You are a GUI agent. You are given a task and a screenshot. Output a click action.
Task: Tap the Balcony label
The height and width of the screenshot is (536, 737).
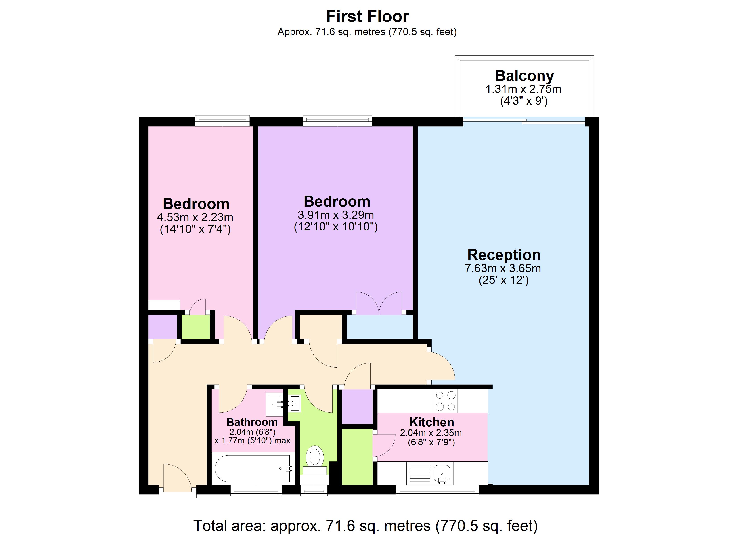(x=524, y=76)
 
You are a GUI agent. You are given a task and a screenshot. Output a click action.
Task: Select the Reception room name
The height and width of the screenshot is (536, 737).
(x=504, y=255)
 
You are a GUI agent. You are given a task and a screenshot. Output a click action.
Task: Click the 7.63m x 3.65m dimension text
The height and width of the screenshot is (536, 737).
(x=503, y=268)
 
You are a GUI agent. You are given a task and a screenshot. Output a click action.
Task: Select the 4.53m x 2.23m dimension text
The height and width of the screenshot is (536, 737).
(x=195, y=217)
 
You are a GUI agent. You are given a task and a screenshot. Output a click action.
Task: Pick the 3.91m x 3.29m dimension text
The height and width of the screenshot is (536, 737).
(x=336, y=215)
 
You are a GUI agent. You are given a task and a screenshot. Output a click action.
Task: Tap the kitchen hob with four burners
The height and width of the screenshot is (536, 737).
(x=445, y=401)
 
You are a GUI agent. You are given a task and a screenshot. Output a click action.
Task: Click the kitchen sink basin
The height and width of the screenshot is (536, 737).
(x=442, y=473)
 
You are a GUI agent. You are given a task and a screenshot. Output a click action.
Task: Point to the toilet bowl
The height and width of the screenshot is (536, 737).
(x=314, y=457)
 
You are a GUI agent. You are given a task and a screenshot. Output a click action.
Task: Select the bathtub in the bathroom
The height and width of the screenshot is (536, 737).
(x=253, y=468)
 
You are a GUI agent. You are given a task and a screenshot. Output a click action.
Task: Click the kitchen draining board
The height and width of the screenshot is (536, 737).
(x=419, y=473)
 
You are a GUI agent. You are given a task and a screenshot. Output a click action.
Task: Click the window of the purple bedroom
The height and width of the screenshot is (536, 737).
(x=337, y=121)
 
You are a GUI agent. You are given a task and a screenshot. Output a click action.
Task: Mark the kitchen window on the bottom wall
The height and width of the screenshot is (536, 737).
(x=437, y=490)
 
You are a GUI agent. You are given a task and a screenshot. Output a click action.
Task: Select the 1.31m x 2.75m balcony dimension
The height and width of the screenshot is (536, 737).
(x=523, y=89)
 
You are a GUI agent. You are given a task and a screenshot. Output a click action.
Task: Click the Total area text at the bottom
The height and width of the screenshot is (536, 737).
(x=366, y=526)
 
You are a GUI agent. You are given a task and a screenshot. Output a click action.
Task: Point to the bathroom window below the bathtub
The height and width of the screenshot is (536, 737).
(x=256, y=490)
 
